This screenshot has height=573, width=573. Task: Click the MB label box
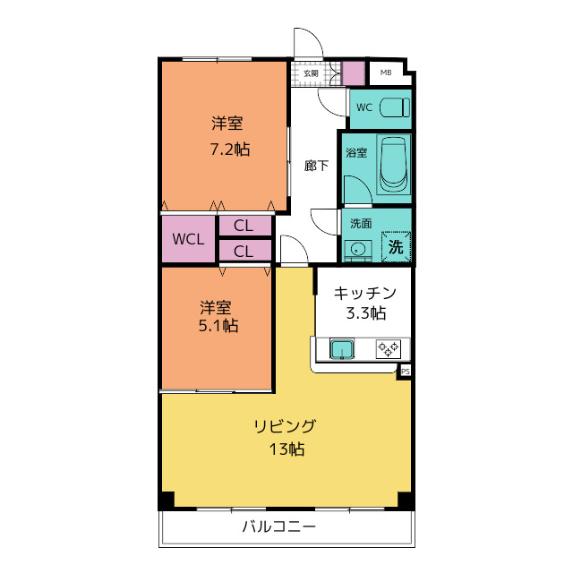point(386,73)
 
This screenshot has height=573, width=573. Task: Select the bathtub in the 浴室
point(392,165)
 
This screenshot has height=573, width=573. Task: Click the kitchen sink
point(343,349)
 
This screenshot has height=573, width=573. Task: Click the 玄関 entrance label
point(310,73)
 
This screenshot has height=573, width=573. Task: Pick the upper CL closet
point(244,227)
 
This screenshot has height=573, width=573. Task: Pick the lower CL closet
point(244,252)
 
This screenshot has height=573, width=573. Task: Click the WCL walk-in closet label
point(189,239)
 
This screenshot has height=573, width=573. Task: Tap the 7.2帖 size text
point(229,150)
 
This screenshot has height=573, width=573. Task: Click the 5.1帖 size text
point(218,326)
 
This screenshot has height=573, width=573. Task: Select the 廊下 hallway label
point(316,165)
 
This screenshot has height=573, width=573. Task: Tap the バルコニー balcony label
point(278,526)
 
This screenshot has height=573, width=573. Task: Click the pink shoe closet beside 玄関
point(354,73)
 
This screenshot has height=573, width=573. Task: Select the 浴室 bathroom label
point(356,152)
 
